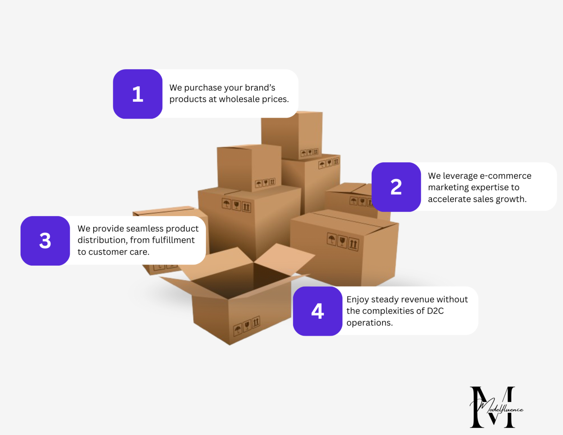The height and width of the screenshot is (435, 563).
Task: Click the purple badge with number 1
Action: [x=138, y=94]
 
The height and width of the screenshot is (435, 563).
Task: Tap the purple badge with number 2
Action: [x=396, y=187]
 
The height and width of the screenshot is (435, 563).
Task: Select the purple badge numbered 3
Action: [x=45, y=241]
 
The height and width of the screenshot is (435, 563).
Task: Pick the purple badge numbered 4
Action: [x=317, y=311]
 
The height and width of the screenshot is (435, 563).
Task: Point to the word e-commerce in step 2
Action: [x=505, y=176]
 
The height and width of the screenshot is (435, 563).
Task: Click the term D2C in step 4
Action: [x=435, y=311]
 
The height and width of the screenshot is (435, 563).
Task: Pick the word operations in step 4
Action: [x=369, y=323]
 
